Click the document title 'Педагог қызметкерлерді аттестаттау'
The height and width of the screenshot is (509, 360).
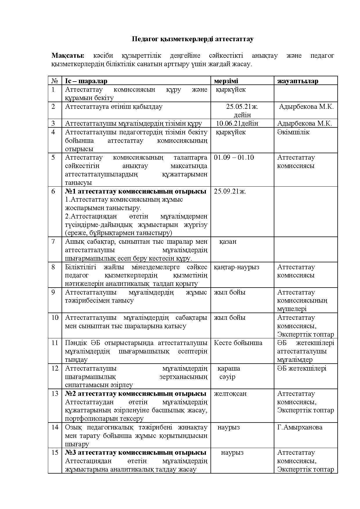click(192, 39)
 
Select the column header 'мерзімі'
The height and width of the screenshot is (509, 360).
click(226, 81)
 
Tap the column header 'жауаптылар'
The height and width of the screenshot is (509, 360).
click(298, 81)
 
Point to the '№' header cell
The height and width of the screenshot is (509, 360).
click(55, 81)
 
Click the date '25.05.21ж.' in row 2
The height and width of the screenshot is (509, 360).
click(242, 107)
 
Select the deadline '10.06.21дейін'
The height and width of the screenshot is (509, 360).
click(237, 123)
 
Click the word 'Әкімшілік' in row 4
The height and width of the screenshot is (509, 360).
click(293, 132)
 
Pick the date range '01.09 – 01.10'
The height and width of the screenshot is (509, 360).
click(234, 157)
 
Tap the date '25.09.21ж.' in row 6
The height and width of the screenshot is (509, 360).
click(230, 191)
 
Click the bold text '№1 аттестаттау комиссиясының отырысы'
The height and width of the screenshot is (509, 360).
click(136, 191)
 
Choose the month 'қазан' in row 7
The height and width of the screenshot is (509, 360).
click(228, 241)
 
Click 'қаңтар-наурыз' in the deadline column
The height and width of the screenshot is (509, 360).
click(236, 267)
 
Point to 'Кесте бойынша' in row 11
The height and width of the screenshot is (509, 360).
click(238, 343)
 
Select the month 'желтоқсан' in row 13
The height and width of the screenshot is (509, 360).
click(230, 394)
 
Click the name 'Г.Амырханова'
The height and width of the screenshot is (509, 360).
click(300, 427)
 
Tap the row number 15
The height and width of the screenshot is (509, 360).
click(55, 452)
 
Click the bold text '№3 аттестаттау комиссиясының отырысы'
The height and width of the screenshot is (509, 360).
click(136, 452)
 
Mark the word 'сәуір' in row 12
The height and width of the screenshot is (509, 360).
click(227, 377)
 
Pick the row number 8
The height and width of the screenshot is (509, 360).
click(53, 267)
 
